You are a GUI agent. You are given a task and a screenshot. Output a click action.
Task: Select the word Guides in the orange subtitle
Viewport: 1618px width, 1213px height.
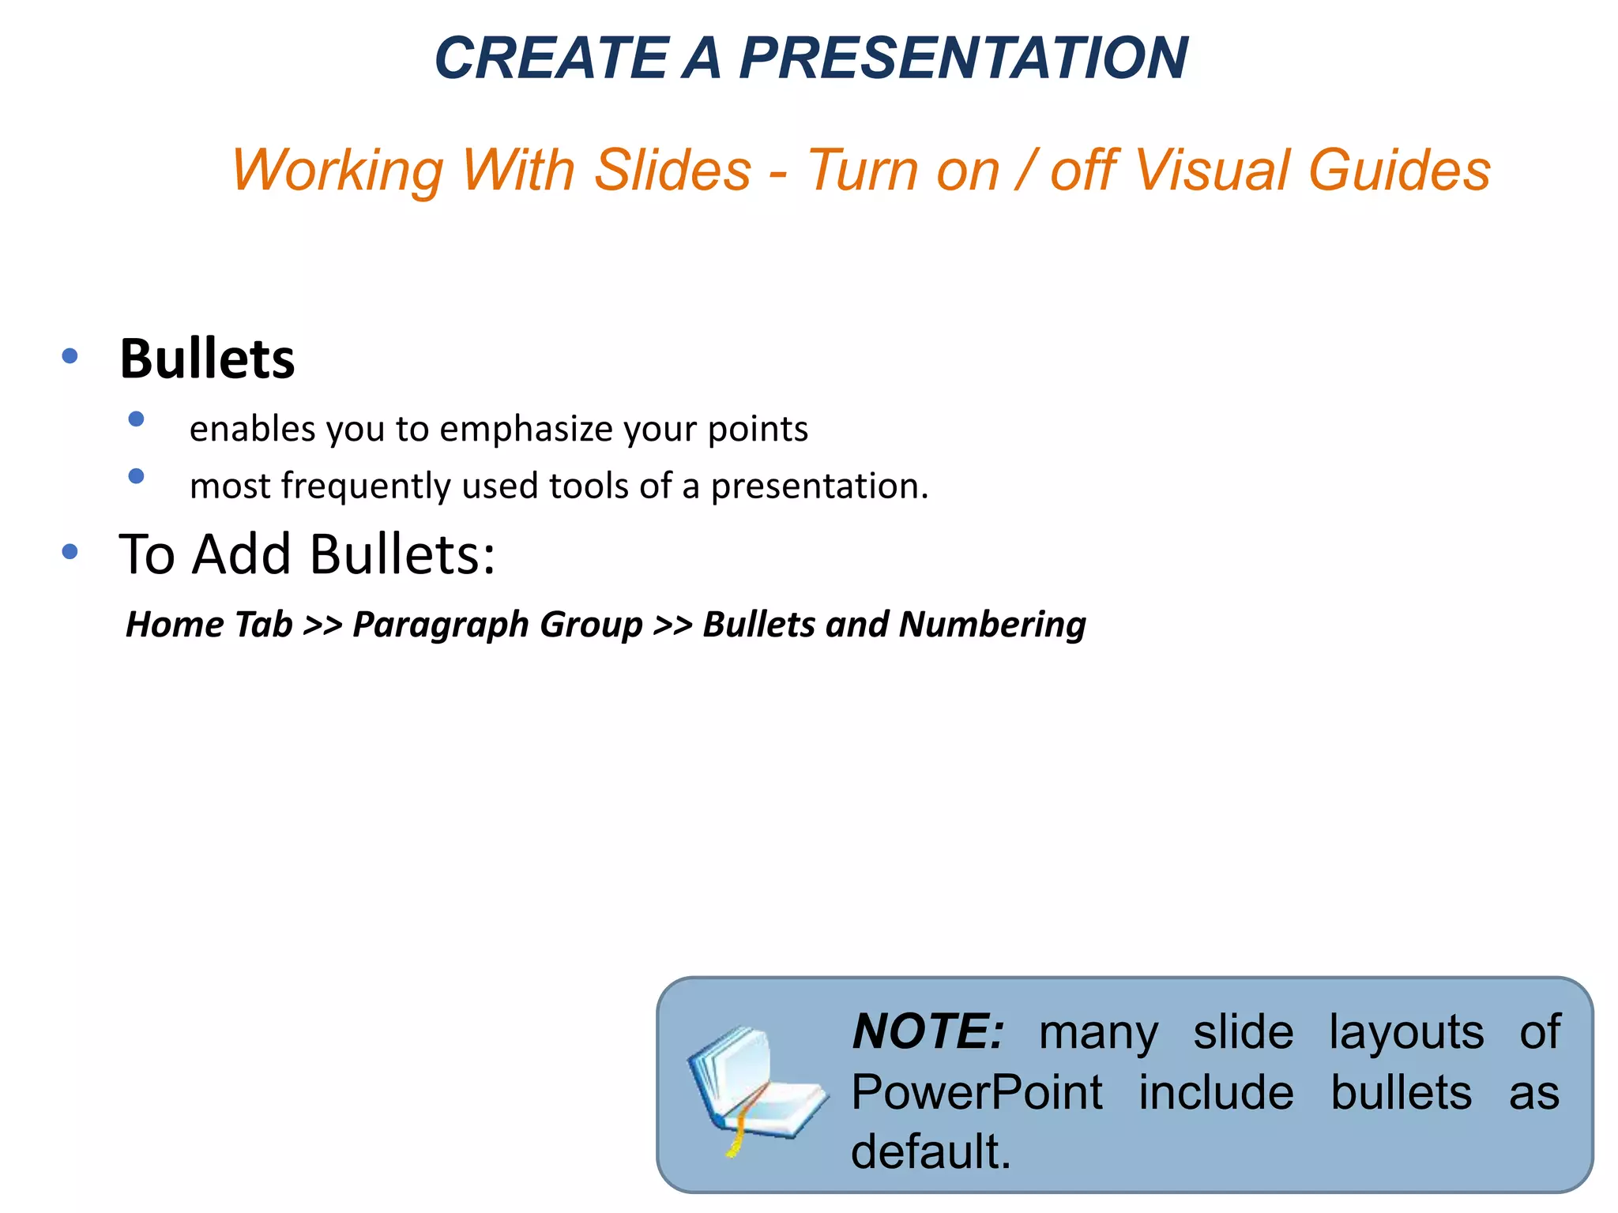click(1399, 171)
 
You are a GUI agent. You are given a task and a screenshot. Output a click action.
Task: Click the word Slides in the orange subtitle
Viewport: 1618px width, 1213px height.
click(672, 171)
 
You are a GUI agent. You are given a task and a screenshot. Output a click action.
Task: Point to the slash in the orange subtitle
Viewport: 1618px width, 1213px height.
click(1025, 171)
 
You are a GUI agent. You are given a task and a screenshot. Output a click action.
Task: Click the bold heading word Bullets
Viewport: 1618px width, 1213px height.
click(207, 360)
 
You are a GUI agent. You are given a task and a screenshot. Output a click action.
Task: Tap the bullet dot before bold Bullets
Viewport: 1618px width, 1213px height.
click(70, 356)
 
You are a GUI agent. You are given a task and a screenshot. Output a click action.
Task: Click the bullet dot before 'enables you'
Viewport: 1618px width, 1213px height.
click(136, 419)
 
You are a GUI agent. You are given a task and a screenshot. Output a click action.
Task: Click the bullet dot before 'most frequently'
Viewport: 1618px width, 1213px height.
click(136, 475)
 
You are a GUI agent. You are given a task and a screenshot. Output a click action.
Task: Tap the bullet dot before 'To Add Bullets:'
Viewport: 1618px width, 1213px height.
click(70, 551)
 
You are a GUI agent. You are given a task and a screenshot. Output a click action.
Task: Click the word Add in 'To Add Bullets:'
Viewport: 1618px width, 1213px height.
click(243, 554)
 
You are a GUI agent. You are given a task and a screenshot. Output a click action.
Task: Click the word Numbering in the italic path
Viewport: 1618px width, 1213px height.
click(992, 625)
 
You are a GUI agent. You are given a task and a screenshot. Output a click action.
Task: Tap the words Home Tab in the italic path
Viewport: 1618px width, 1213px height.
click(209, 625)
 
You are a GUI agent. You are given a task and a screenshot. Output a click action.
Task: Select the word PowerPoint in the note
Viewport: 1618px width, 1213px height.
click(976, 1093)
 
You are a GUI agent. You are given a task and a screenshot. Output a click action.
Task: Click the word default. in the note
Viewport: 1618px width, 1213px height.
click(931, 1151)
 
